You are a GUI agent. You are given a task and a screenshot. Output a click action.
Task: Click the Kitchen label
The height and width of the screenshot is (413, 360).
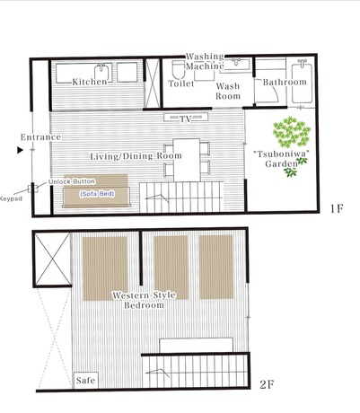point(90,82)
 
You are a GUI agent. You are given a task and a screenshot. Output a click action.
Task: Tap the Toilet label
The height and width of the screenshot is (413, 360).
point(181,83)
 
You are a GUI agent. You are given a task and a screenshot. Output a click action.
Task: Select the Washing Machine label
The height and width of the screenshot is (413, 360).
point(205,61)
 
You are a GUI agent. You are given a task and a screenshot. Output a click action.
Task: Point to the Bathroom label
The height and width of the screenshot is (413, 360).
point(285,82)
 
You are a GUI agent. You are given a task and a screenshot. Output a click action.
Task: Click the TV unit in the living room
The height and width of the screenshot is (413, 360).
point(186,117)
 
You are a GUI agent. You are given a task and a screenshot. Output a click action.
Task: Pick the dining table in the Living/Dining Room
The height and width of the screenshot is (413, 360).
point(187,160)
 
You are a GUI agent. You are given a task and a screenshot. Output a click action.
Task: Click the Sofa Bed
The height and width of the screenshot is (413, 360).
point(96,190)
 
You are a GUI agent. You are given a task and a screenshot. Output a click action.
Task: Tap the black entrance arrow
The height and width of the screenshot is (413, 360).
point(20,150)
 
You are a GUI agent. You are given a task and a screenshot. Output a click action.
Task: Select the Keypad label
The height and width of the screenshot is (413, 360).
point(11,198)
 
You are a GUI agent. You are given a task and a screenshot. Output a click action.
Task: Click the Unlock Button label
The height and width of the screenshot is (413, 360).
point(72,181)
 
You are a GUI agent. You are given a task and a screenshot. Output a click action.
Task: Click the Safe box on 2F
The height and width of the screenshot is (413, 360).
point(86,381)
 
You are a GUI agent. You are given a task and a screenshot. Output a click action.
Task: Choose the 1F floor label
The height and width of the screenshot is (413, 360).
point(336,208)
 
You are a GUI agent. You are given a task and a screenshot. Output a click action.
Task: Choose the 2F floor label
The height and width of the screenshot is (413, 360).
point(267,384)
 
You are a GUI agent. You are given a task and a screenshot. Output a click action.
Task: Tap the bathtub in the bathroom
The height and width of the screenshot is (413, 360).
point(303,82)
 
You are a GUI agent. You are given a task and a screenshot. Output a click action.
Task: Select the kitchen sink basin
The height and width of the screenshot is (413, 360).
point(101,73)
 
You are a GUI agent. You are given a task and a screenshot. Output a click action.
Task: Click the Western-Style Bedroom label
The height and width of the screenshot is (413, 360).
point(144,300)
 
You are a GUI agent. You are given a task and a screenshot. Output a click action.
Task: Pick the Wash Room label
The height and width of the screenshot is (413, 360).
point(228,91)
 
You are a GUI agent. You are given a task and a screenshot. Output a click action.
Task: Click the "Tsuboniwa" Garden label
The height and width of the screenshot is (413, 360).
point(281,159)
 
